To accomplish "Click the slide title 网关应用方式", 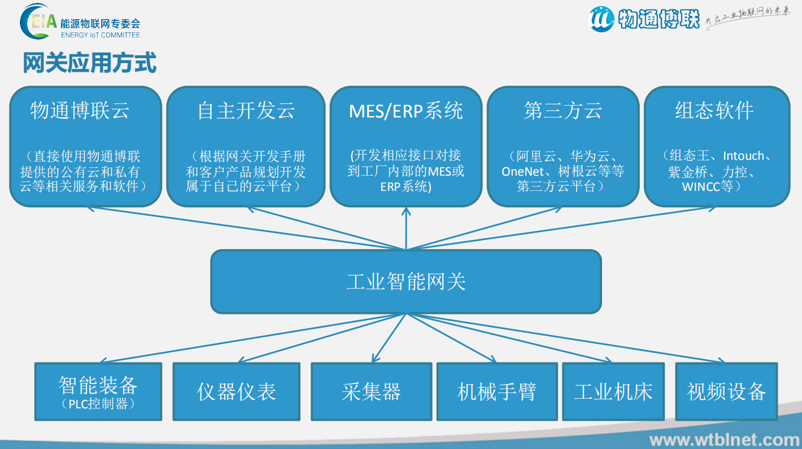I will [89, 63].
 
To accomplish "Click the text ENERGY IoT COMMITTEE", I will [100, 35].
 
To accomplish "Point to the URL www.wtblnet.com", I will [724, 439].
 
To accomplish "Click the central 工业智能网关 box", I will [406, 281].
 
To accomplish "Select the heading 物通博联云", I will [80, 110].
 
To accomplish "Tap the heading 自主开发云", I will [246, 110].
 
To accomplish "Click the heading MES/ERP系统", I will [406, 110].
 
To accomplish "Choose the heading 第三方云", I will [563, 110].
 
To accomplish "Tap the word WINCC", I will [700, 186].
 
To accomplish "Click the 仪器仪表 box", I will [236, 391].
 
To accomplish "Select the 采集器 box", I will [371, 391].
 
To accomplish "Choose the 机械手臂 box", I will [496, 391].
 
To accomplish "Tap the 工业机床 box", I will [613, 391].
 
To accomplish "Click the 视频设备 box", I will [726, 391].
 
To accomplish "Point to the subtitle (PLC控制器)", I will [98, 404].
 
